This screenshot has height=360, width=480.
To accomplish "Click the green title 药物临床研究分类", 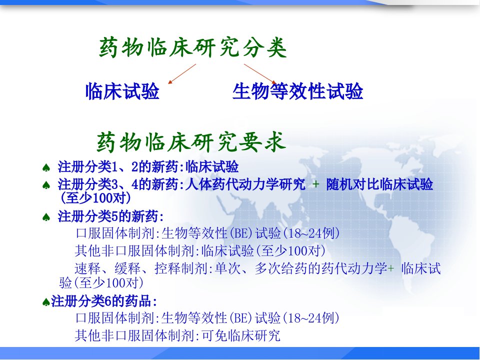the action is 193,48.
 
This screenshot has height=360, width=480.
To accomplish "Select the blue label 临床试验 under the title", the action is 122,91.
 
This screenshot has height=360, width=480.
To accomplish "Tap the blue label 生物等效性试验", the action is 297,91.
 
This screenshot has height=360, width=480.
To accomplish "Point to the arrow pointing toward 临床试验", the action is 182,74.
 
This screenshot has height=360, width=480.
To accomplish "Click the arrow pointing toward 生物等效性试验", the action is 260,74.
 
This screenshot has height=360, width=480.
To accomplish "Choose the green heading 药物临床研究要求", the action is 191,142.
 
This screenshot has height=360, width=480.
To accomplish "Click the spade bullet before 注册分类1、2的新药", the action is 46,168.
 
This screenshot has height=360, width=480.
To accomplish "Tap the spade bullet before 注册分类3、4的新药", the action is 46,185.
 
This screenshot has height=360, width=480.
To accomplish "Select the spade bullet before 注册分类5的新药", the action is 46,217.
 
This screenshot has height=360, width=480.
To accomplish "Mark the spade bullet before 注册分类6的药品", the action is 46,302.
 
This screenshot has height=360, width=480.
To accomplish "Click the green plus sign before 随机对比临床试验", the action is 315,184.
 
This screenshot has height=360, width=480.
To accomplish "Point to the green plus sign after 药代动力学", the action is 391,269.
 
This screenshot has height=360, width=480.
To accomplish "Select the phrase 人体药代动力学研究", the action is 245,184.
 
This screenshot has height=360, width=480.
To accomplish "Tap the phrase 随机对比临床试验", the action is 379,184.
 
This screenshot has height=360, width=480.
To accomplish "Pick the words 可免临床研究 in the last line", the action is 241,335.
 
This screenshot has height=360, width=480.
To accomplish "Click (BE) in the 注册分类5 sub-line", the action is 241,233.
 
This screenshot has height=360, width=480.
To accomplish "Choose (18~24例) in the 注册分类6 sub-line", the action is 311,318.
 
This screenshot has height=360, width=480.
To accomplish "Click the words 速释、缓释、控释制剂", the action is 141,269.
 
